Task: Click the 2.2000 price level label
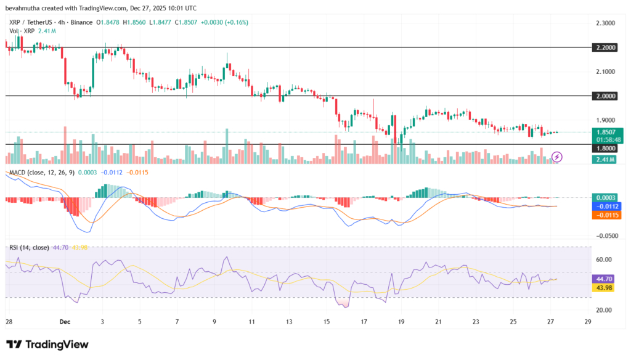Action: (x=605, y=47)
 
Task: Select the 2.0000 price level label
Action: (x=605, y=96)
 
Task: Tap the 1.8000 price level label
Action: (x=605, y=148)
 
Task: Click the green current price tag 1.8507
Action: (x=608, y=132)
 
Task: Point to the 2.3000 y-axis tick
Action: (x=605, y=23)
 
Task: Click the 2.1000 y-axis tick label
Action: (x=605, y=72)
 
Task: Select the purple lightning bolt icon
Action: (x=557, y=157)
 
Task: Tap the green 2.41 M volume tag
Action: (x=605, y=160)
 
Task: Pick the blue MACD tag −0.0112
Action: (x=606, y=206)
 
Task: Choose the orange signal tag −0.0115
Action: (x=606, y=215)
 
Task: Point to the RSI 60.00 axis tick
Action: (x=604, y=260)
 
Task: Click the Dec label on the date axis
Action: (x=65, y=322)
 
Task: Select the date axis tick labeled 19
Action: (x=401, y=322)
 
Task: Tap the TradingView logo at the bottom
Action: (x=47, y=345)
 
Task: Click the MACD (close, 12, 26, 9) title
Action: (x=42, y=173)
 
